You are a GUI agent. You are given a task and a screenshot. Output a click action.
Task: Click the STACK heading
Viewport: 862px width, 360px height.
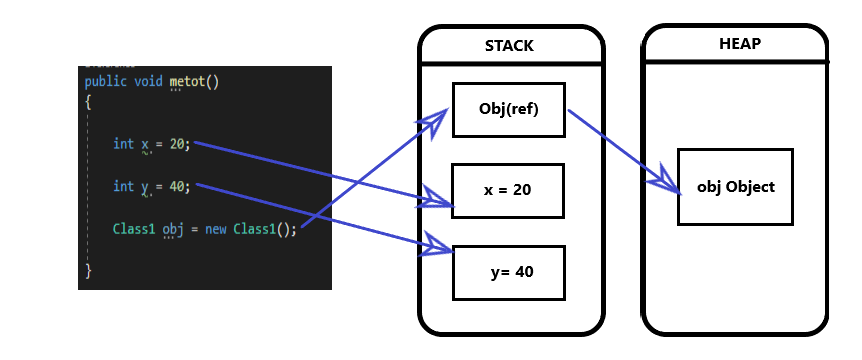coord(510,46)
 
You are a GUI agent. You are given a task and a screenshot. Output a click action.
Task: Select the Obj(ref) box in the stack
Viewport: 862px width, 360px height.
coord(510,109)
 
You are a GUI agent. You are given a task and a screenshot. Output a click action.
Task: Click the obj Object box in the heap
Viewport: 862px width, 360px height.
coord(735,187)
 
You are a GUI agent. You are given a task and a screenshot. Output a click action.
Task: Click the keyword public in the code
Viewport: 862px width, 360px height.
coord(106,81)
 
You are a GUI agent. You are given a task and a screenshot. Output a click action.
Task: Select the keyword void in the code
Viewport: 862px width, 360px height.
coord(149,81)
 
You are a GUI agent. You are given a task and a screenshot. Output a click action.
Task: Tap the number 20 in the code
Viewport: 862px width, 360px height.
coord(177,144)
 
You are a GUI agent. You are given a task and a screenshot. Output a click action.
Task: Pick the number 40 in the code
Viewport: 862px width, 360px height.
coord(177,186)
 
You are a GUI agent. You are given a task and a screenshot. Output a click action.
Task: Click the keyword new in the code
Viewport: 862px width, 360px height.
coord(216,229)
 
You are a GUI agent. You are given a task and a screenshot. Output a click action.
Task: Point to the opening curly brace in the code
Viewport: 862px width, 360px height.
coord(88,102)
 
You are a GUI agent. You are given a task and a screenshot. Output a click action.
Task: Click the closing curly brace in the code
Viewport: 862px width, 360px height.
coord(88,270)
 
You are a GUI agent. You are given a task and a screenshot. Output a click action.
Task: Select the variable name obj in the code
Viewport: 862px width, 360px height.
coord(174,229)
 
